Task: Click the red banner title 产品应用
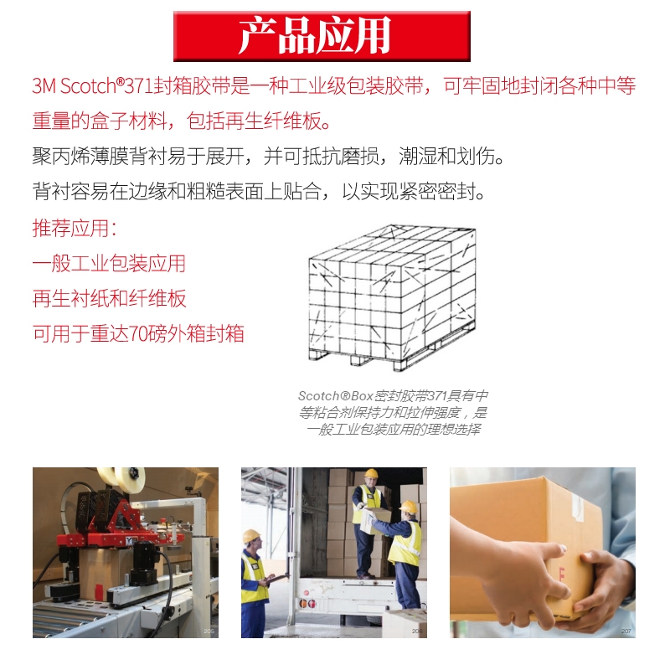point(315,35)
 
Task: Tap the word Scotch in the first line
point(88,86)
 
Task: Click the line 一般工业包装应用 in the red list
point(109,263)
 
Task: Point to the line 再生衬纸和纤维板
point(110,298)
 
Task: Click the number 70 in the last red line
point(137,333)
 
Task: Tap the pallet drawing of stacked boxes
point(392,297)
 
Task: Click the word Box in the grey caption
point(363,396)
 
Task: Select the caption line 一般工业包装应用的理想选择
point(394,429)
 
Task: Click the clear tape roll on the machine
point(129,477)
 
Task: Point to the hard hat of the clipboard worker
point(251,535)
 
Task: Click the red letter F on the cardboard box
point(561,574)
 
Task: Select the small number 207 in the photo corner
point(626,631)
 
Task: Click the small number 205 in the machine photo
point(209,631)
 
